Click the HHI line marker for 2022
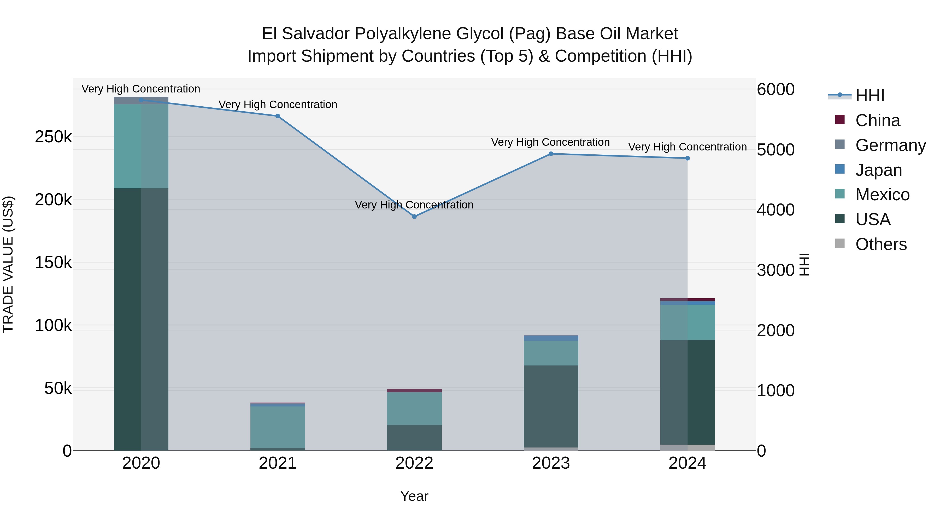tap(414, 217)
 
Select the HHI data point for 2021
tap(278, 116)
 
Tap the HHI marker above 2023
tap(551, 154)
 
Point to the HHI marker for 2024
tap(688, 158)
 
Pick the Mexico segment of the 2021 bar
tap(278, 427)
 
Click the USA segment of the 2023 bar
tap(551, 406)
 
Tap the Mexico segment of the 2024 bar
tap(688, 322)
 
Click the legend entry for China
tap(877, 120)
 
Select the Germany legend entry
tap(890, 145)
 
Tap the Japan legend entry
tap(878, 170)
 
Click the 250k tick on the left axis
tap(53, 137)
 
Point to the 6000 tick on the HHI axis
tap(776, 89)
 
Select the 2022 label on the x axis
tap(414, 463)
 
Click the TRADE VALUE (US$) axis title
tap(8, 264)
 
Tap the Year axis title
tap(414, 496)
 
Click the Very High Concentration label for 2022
tap(414, 205)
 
